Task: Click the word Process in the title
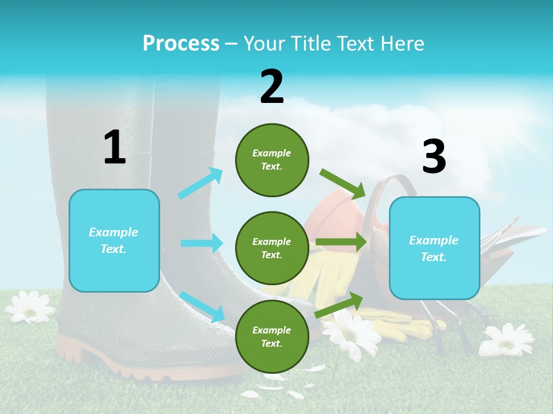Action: tap(181, 44)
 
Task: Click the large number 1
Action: tap(115, 148)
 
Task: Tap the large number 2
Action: tap(272, 87)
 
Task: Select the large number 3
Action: tap(434, 156)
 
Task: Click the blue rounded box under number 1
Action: tap(114, 240)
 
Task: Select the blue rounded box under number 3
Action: tap(434, 248)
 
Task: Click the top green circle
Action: tap(272, 160)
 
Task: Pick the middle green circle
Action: tap(272, 248)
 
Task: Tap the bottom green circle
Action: tap(272, 337)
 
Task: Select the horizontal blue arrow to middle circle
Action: tap(202, 243)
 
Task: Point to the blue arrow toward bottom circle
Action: tap(202, 306)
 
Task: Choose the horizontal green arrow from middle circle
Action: tap(341, 242)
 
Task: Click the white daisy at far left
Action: tap(30, 307)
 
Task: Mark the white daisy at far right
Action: tap(506, 340)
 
